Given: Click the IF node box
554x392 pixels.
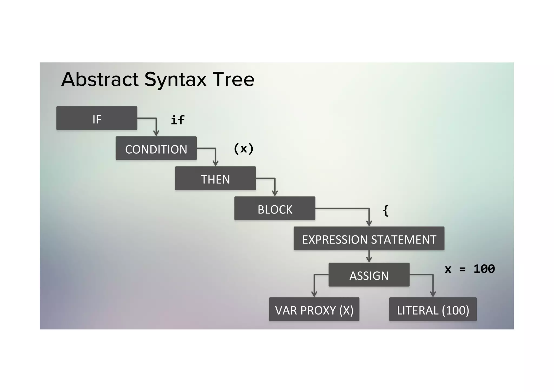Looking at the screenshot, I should [x=97, y=118].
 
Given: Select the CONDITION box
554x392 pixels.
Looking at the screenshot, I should [x=156, y=148].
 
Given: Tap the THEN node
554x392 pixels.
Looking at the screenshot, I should [x=215, y=179].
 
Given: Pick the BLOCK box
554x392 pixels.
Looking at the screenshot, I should [x=275, y=209].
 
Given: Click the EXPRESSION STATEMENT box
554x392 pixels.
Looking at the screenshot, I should [x=369, y=239].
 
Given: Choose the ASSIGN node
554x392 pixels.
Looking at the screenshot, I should [x=369, y=275].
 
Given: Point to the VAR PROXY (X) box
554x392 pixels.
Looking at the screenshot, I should [x=314, y=309].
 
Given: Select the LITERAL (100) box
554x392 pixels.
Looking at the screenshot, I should [x=433, y=309].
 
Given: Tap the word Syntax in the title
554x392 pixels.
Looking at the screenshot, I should [x=175, y=80].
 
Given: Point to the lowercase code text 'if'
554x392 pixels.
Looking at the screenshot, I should [x=178, y=120].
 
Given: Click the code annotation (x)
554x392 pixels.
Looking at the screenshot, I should [x=243, y=148].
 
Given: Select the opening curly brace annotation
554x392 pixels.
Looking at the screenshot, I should [x=386, y=210].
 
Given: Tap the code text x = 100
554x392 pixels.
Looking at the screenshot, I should [x=470, y=269].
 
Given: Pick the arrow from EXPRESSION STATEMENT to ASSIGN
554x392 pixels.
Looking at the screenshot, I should [x=369, y=257].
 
